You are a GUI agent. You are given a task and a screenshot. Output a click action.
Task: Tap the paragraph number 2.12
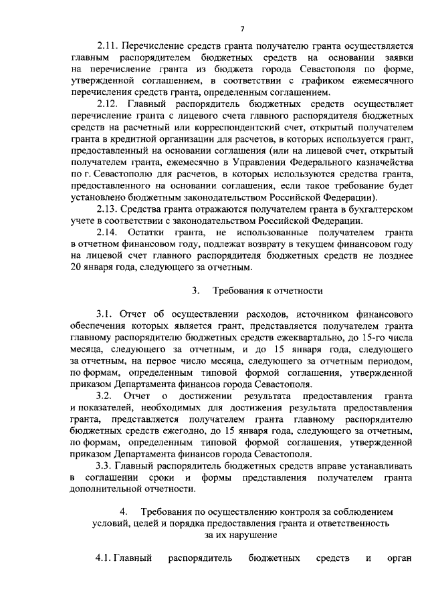tap(107, 105)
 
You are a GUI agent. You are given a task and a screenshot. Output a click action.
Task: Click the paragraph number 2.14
tap(107, 234)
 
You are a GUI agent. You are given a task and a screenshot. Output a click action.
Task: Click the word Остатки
tap(159, 234)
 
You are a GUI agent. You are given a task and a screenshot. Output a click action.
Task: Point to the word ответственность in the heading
tap(345, 523)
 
